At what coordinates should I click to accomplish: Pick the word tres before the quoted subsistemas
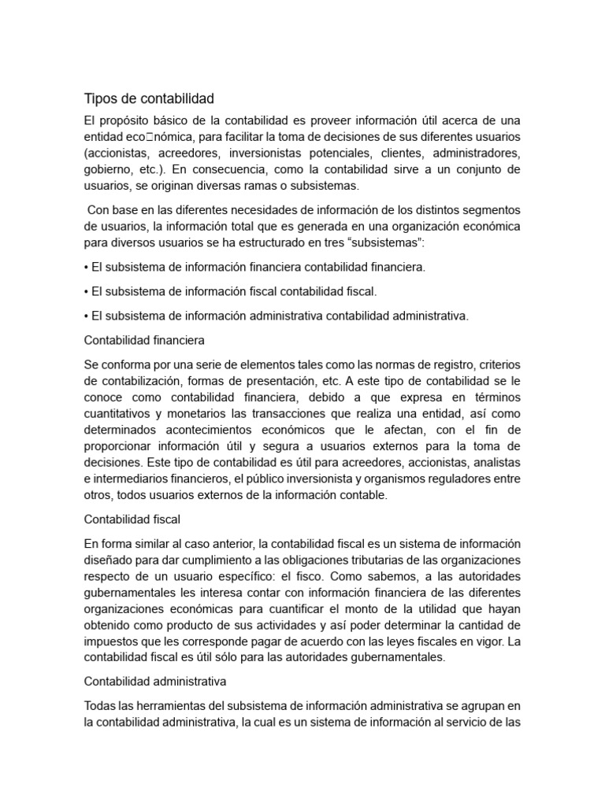coord(341,242)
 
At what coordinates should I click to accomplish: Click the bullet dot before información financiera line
coord(86,268)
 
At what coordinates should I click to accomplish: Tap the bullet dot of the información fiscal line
coord(86,292)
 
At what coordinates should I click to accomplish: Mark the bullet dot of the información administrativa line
coord(86,316)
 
